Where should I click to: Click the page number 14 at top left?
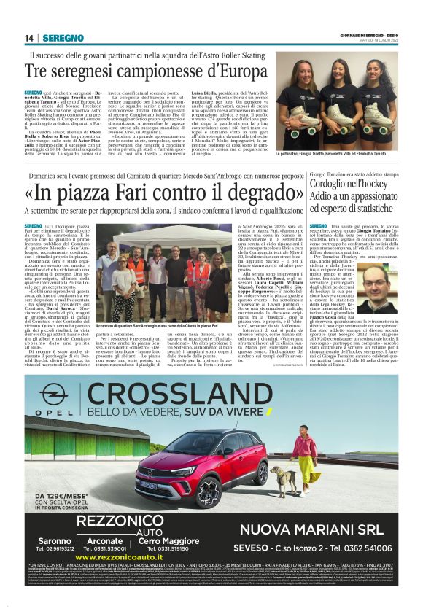click(x=29, y=38)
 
